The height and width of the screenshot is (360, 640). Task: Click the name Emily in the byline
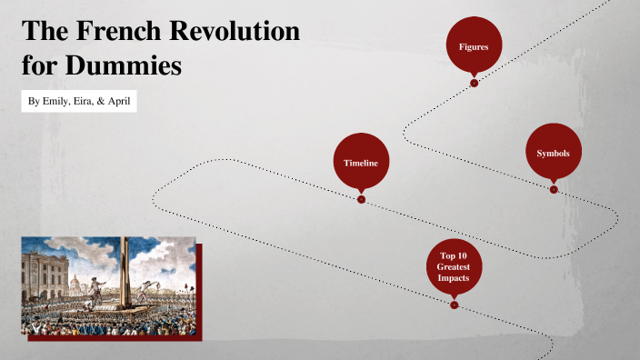pos(57,100)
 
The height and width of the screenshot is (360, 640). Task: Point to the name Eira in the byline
pos(87,100)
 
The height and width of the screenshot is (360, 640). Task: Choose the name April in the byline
pos(119,100)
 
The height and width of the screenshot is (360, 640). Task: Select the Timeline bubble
pos(361,162)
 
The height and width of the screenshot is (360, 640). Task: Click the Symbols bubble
pos(553,153)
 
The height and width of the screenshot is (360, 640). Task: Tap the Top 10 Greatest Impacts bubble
pos(453,267)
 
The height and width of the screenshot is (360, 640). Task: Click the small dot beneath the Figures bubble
pos(474,83)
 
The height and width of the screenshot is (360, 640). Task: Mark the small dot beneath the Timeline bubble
pos(361,198)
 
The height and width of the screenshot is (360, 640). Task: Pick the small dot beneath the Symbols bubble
pos(553,189)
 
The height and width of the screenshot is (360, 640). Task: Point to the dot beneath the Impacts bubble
pos(454,304)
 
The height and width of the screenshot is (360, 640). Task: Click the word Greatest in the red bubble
pos(453,267)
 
